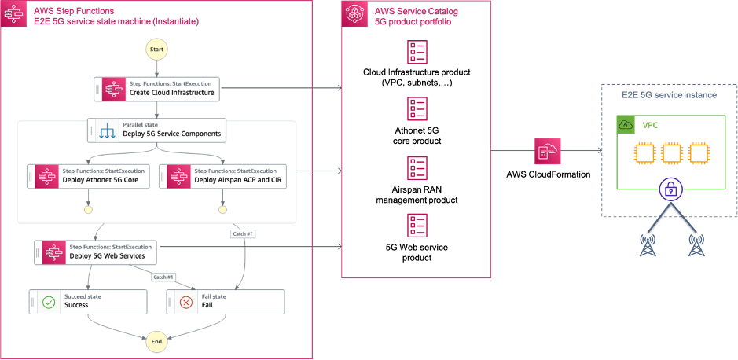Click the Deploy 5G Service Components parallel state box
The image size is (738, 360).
click(x=157, y=130)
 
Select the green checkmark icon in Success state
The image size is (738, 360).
click(x=49, y=302)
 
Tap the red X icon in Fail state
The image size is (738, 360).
click(x=186, y=302)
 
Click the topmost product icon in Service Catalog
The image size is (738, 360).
click(x=417, y=53)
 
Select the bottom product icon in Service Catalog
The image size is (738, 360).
click(x=417, y=226)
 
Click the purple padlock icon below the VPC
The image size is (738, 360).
click(x=669, y=189)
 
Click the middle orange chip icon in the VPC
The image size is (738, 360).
click(x=670, y=153)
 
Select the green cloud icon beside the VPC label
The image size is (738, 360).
click(x=626, y=125)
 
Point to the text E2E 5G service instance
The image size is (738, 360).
click(x=669, y=95)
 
